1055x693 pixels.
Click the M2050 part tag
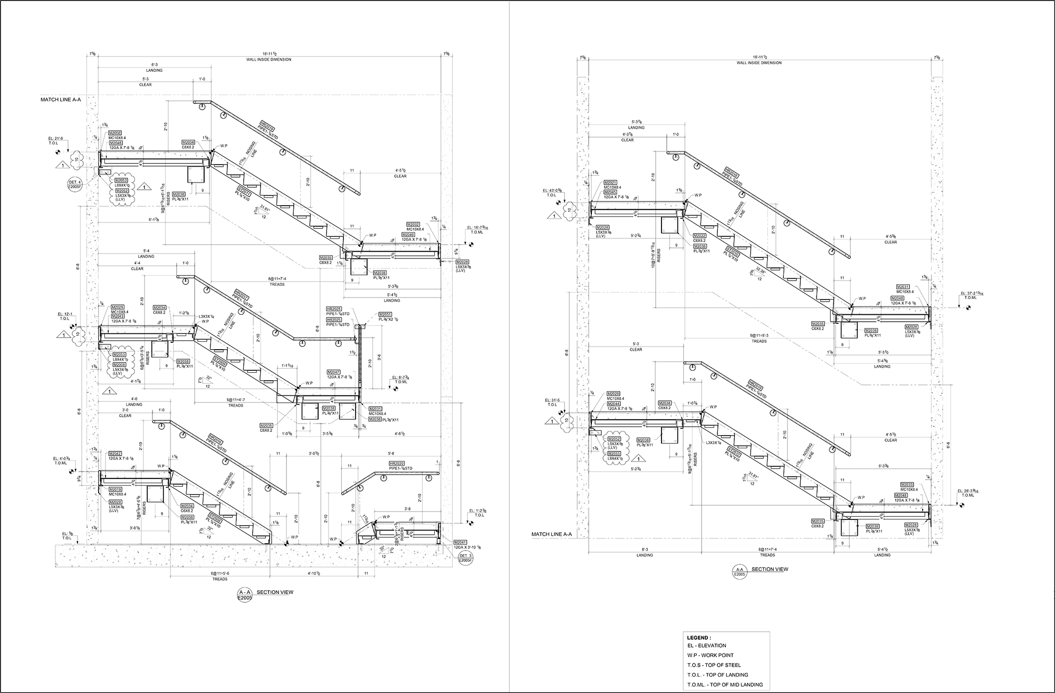point(115,133)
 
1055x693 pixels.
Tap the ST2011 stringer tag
point(244,195)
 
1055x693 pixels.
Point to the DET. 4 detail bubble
point(74,184)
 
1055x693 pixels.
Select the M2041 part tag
point(461,542)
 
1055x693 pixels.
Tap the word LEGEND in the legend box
point(697,638)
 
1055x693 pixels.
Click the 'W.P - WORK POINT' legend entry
point(709,655)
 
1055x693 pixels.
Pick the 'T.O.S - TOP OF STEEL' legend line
point(713,665)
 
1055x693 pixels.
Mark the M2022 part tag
point(699,236)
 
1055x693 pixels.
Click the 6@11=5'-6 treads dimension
point(220,573)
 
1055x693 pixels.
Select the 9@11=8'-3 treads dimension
point(759,335)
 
